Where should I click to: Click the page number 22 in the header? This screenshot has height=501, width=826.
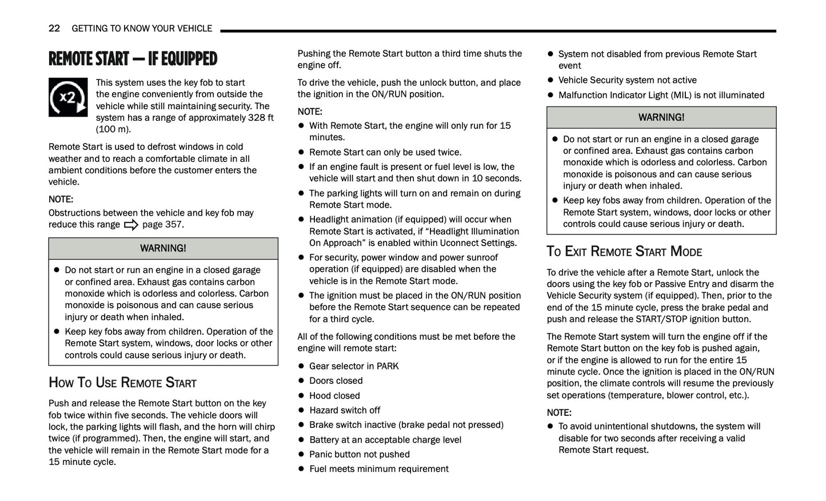tap(54, 28)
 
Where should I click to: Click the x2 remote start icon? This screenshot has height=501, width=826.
tap(68, 98)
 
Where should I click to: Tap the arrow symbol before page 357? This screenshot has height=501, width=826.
tap(131, 225)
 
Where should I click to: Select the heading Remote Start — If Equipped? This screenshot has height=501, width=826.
tap(133, 59)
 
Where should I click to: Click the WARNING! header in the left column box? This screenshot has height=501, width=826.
tap(163, 248)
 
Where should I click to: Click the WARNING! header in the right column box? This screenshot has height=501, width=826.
tap(661, 117)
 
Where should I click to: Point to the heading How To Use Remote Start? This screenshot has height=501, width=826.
tap(122, 383)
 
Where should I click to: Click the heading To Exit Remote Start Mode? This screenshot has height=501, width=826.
tap(624, 252)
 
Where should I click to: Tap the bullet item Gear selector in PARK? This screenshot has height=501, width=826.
tap(354, 366)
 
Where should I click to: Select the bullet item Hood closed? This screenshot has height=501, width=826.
tap(334, 396)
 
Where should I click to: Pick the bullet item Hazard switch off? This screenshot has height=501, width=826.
tap(345, 410)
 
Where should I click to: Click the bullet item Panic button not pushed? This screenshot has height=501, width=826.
tap(359, 455)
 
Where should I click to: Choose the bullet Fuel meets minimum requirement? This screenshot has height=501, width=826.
tap(378, 469)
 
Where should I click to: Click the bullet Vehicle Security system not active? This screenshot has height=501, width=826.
tap(627, 80)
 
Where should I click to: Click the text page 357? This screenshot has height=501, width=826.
tap(163, 225)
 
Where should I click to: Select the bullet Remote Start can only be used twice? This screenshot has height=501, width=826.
tap(385, 152)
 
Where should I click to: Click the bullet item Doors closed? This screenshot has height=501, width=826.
tap(336, 381)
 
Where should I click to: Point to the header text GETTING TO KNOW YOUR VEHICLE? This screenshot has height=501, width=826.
tap(142, 28)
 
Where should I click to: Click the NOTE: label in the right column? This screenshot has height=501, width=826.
tap(558, 413)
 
